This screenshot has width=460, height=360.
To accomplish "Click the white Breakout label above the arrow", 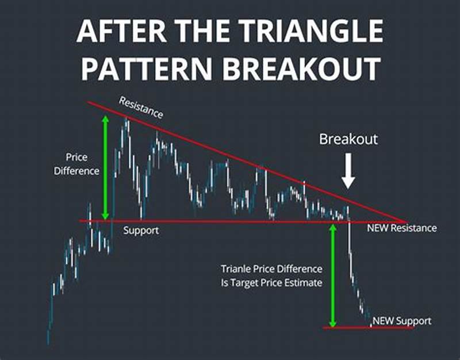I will (348, 139).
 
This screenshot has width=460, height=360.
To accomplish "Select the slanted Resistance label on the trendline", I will (141, 108).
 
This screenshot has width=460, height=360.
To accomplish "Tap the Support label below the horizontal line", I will (141, 229).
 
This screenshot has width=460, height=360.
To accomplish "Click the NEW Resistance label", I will (402, 228).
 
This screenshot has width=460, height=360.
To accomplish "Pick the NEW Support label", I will (402, 320).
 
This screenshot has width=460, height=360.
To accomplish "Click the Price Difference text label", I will (82, 163).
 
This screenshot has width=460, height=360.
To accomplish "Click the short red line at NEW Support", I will (368, 328).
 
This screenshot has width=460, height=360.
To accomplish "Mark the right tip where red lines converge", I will (405, 221).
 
